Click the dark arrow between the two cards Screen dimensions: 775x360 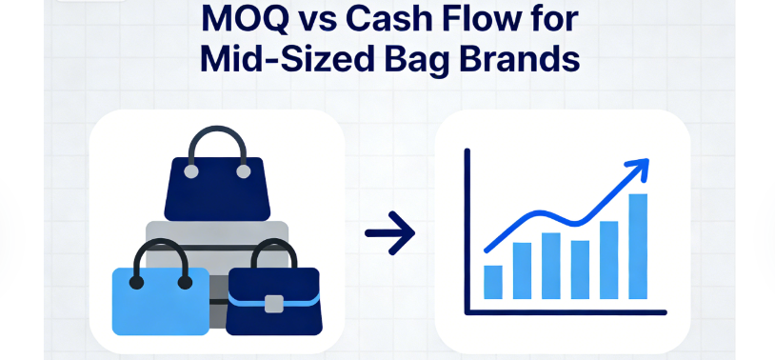pos(389,233)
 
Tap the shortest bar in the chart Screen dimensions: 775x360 pos(493,282)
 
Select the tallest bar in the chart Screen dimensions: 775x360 pos(638,247)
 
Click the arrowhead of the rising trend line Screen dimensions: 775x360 pos(639,169)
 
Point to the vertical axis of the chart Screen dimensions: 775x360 pos(467,230)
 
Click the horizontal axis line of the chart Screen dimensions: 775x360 pos(566,312)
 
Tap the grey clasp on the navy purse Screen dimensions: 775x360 pos(274,304)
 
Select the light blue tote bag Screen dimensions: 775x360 pos(161,302)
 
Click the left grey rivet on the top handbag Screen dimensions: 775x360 pos(191,171)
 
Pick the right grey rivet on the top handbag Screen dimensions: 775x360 pos(243,171)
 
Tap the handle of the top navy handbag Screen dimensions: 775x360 pos(217,129)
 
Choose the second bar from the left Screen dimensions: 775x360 pos(522,271)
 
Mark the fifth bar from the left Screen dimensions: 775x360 pos(609,260)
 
